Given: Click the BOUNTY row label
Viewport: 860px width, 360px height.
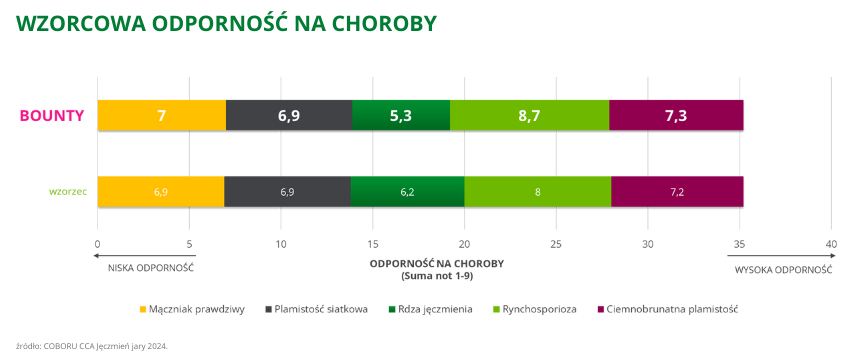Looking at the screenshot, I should pyautogui.click(x=52, y=116).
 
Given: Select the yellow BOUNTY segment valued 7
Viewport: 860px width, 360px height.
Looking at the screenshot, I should pyautogui.click(x=161, y=116).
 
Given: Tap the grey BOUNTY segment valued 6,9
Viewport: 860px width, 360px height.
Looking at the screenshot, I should pyautogui.click(x=289, y=116).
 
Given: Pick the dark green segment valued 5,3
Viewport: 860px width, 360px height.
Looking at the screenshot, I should pyautogui.click(x=401, y=116).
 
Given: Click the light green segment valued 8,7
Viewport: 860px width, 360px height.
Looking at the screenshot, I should pyautogui.click(x=529, y=116).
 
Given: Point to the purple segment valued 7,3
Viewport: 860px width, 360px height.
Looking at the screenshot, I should pyautogui.click(x=676, y=116).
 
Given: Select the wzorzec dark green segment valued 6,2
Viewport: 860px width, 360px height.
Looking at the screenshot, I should pyautogui.click(x=408, y=191).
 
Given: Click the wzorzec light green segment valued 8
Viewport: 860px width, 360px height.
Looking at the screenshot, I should pyautogui.click(x=538, y=191).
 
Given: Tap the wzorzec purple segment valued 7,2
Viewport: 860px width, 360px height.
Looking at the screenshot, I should pyautogui.click(x=677, y=191).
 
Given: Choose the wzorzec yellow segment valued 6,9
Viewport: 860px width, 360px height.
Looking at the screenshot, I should pyautogui.click(x=160, y=191).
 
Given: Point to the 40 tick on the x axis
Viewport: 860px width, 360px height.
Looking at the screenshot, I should pyautogui.click(x=831, y=244).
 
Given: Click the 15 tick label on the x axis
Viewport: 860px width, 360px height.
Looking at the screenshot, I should pyautogui.click(x=372, y=244).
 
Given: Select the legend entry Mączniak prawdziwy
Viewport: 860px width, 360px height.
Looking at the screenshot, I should pyautogui.click(x=197, y=309).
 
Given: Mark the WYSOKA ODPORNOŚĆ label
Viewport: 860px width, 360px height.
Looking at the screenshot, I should pyautogui.click(x=784, y=270).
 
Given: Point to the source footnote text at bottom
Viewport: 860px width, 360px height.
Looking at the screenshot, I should pyautogui.click(x=92, y=345).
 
